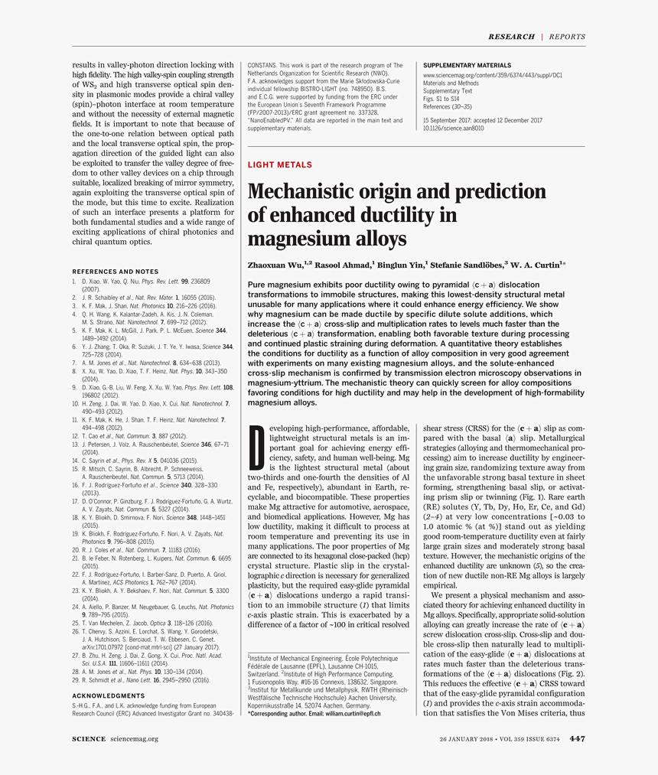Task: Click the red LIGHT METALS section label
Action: pyautogui.click(x=279, y=164)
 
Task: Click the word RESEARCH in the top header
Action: pyautogui.click(x=511, y=37)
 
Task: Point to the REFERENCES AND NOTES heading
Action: pyautogui.click(x=115, y=272)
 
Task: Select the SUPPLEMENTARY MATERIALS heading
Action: pyautogui.click(x=467, y=66)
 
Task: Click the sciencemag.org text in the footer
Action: pyautogui.click(x=135, y=739)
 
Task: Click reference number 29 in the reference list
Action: pyautogui.click(x=76, y=679)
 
